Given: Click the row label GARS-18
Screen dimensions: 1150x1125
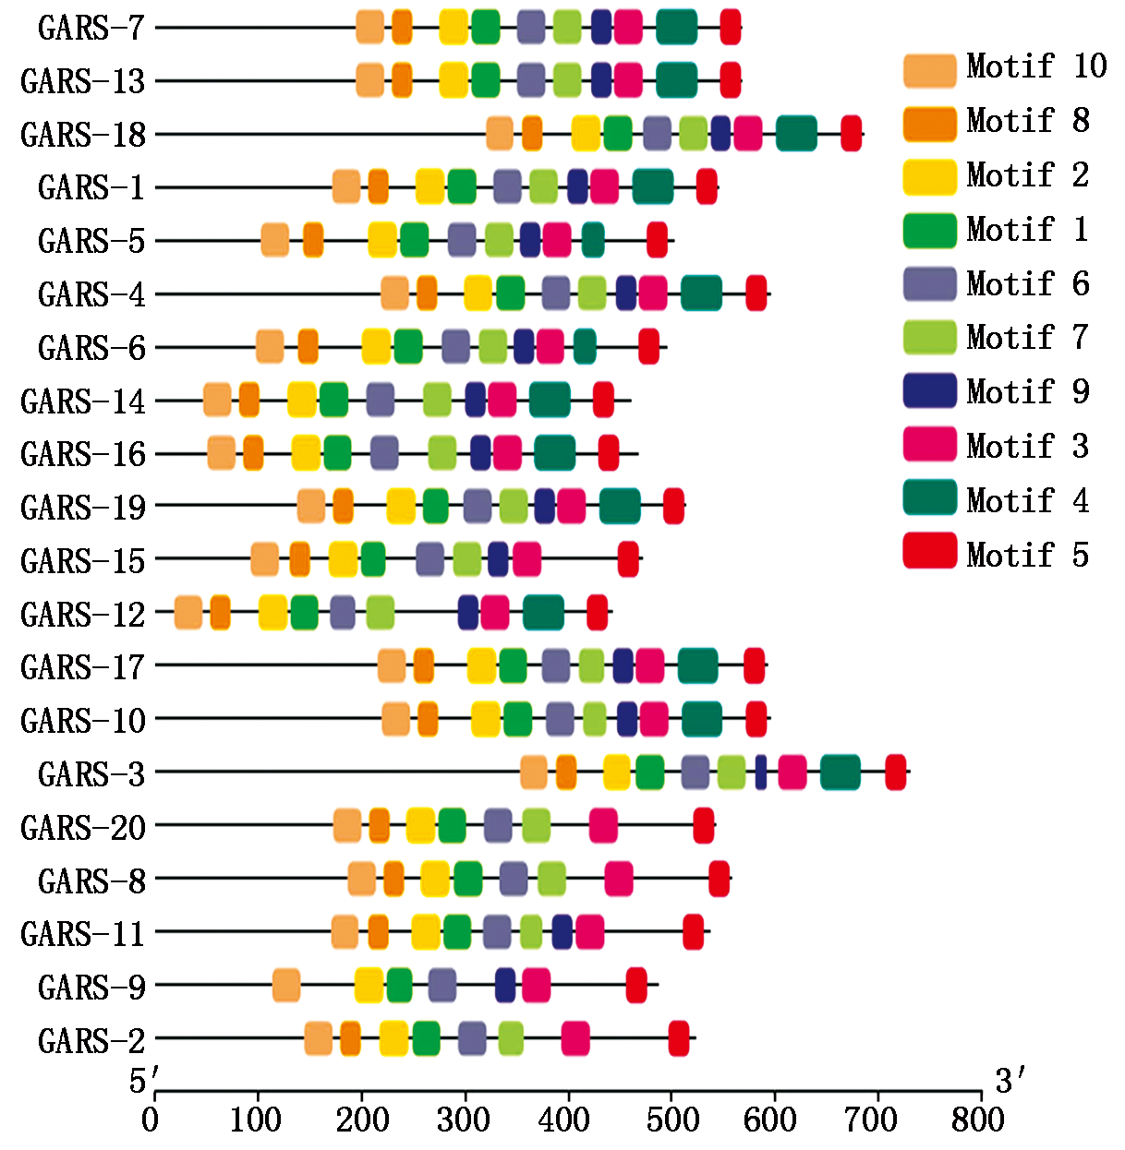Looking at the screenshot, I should point(83,135).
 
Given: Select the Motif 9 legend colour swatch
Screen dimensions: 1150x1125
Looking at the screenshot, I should point(929,391).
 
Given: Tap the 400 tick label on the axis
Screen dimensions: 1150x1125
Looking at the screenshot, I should point(564,1120).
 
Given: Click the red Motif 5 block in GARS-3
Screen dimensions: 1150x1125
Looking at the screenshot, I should point(895,773).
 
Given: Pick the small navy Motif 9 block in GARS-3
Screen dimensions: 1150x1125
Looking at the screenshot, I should point(761,773).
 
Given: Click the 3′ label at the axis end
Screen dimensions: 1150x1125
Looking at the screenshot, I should point(1010,1080).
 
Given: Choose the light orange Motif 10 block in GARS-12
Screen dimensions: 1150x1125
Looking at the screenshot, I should point(188,613).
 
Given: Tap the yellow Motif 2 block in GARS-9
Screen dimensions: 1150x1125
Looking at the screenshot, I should point(369,986).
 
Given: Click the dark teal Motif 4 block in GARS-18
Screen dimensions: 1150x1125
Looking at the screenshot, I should point(796,134).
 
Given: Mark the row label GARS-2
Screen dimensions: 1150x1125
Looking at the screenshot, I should point(91,1041).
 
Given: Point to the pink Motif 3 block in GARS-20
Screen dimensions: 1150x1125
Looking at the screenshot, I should point(603,825).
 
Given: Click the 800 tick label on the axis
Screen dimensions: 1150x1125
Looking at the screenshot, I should point(978,1120).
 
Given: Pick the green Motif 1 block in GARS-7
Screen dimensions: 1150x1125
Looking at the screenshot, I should point(485,27).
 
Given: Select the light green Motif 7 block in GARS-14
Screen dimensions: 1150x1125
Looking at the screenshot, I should point(437,400).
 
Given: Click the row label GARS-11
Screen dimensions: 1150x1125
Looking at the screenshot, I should point(83,934).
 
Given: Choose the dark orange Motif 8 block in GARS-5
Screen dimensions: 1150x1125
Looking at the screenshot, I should point(313,240).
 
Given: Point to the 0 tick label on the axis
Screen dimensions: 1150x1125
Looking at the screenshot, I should point(151,1120).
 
